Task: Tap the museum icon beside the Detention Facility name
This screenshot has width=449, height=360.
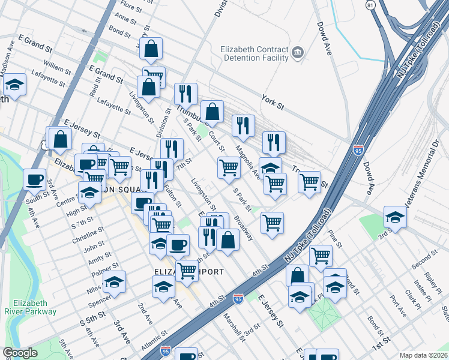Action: (297, 55)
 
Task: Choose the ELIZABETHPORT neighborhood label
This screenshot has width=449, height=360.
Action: (189, 272)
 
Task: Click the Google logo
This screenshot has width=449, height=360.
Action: (20, 353)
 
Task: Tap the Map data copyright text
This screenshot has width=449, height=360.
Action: (424, 355)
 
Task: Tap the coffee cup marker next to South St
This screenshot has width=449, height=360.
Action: (34, 178)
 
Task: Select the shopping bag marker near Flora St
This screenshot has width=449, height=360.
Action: (151, 48)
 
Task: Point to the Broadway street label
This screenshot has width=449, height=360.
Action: (243, 229)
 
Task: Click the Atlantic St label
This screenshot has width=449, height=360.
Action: (153, 346)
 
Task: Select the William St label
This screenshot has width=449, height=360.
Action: (57, 70)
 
